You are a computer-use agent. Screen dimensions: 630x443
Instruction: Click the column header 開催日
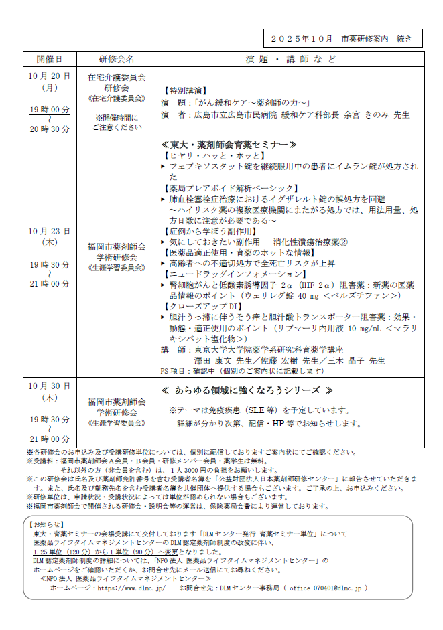tap(50, 58)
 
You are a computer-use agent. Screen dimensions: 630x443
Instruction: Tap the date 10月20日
tap(50, 76)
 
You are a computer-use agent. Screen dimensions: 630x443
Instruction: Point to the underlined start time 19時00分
tap(50, 109)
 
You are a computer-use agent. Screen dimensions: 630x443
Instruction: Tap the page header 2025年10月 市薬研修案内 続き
tap(342, 38)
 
